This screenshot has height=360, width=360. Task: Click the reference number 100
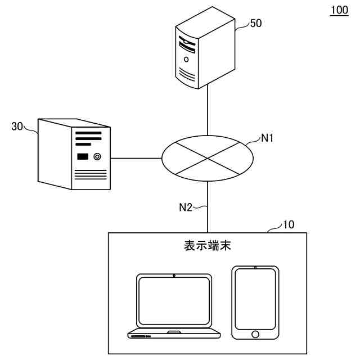coord(339,11)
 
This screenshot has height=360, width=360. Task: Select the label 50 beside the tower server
coord(256,23)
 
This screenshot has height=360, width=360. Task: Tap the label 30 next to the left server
coord(17,127)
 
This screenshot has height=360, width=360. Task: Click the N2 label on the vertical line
coord(186,208)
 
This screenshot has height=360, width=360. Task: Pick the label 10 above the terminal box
coord(289,225)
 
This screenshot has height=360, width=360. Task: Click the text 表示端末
coord(208,246)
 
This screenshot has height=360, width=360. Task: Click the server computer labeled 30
coord(74,153)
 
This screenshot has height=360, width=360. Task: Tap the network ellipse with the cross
coord(208,158)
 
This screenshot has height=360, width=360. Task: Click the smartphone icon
coord(255,302)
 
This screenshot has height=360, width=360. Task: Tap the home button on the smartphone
coord(255,334)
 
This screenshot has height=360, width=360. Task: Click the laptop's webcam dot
coord(174,276)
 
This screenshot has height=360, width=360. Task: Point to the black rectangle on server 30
coord(83,156)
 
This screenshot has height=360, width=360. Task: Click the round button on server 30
coord(97,156)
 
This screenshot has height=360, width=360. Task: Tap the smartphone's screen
coord(255,299)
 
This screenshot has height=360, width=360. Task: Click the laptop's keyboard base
coord(174,334)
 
